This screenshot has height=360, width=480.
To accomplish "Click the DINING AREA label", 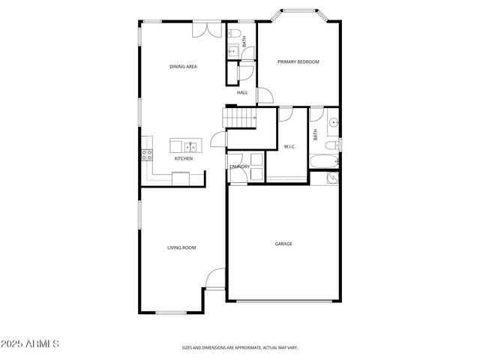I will tap(183, 67).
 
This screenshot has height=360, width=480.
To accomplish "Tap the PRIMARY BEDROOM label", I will tap(298, 61).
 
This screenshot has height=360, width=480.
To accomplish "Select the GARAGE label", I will tap(283, 244).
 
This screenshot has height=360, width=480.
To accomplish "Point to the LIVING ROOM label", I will tap(181, 247).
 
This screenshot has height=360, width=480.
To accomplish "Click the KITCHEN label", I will tap(183, 159).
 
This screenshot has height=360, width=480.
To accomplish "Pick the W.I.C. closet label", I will tap(289, 146).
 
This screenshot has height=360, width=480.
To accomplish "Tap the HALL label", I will tap(242, 92).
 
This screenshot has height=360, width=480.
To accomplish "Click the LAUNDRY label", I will tap(240, 166).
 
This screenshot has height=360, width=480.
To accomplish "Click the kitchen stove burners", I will tap(147, 155).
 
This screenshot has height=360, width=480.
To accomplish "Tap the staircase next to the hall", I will tap(239, 118).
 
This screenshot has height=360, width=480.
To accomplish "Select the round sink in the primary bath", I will tap(332, 121).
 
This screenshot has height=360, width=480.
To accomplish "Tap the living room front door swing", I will tap(215, 279).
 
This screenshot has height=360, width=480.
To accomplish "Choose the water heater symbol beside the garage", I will tap(331, 178).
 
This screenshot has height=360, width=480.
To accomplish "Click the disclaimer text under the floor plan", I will tap(239, 347).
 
